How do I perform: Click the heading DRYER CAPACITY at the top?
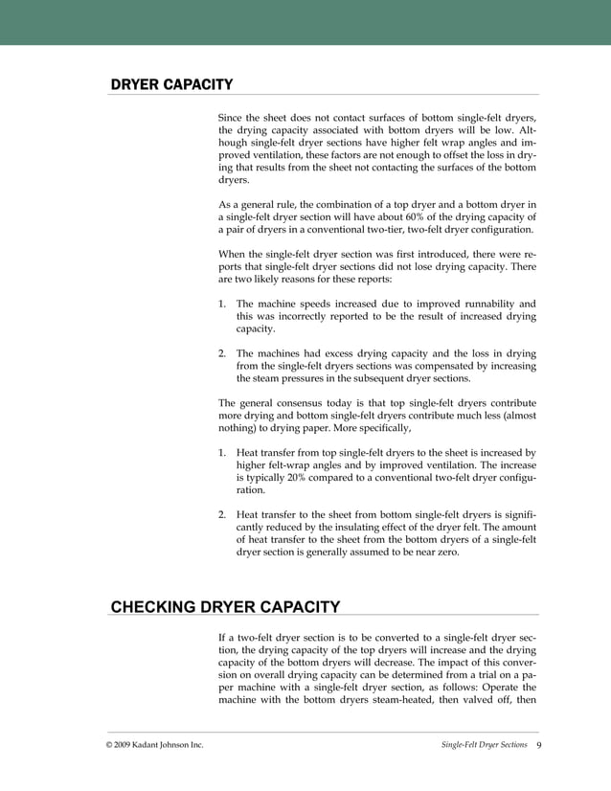coord(171,84)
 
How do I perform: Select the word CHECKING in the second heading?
coord(154,605)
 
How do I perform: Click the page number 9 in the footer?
coord(539,744)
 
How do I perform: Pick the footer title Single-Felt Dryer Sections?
coord(484,744)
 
